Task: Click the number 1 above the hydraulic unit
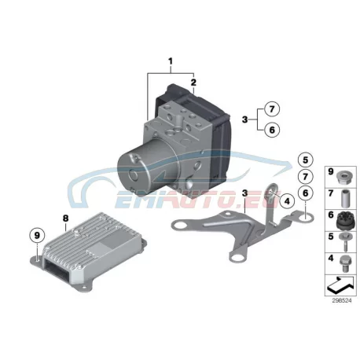[171, 61]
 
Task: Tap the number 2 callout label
[193, 83]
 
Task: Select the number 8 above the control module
[65, 218]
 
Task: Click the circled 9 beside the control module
[37, 236]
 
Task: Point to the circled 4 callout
[287, 201]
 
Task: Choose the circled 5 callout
[306, 160]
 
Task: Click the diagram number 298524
[342, 301]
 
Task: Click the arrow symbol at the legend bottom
[340, 285]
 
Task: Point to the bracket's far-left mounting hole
[180, 226]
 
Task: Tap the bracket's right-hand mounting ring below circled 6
[306, 216]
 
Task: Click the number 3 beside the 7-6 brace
[244, 119]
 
